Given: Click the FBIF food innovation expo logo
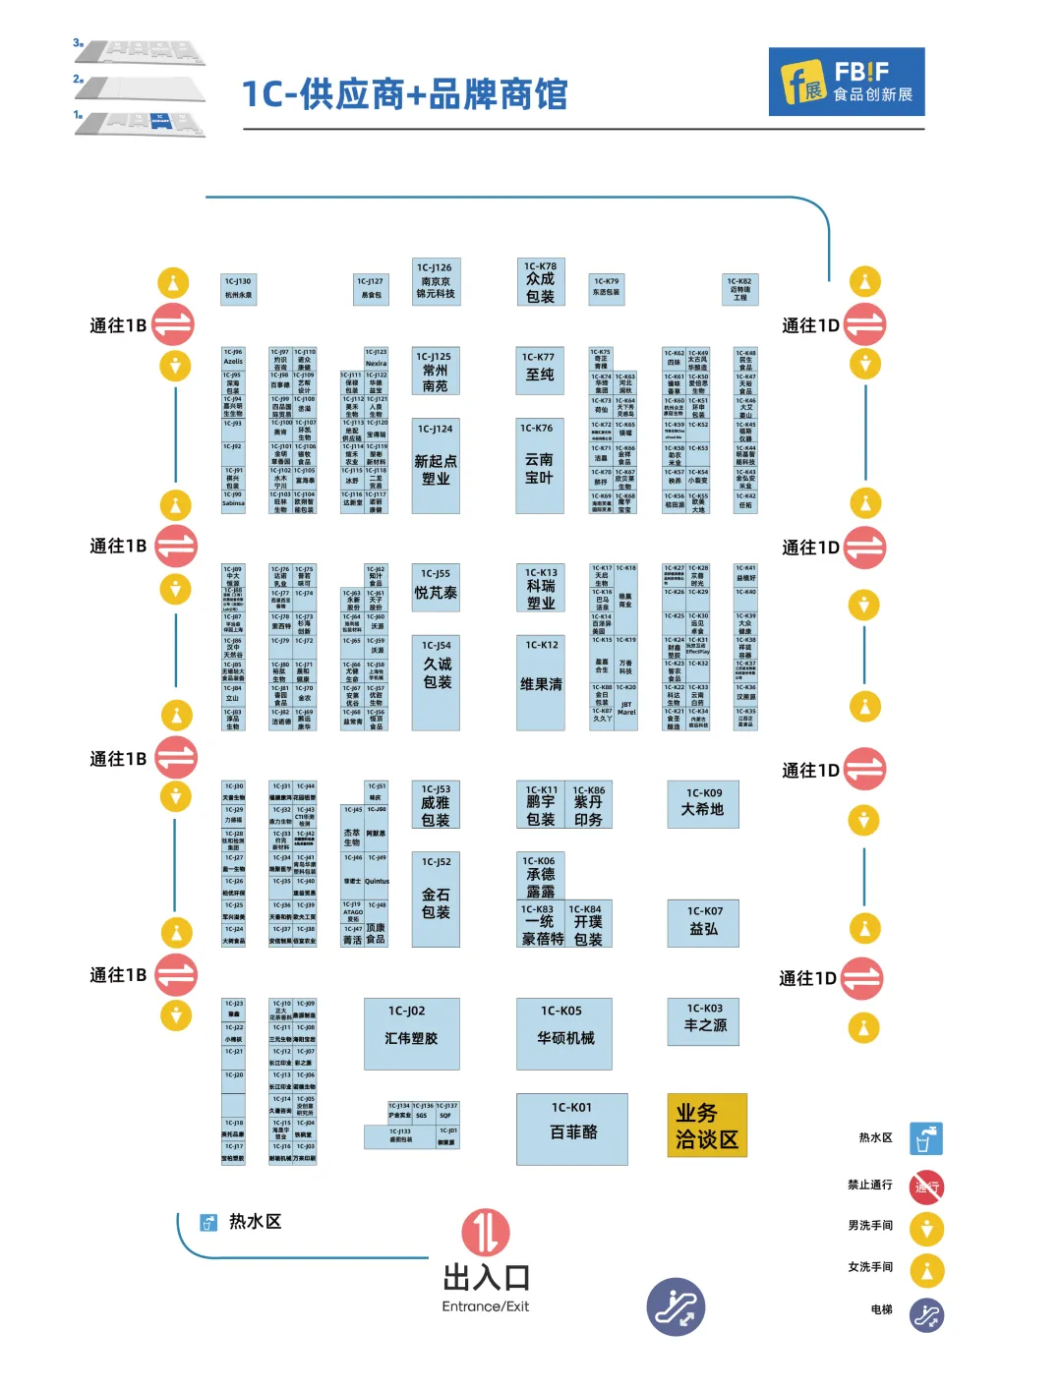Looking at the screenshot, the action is point(846,82).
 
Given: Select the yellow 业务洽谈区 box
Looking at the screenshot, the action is point(707,1127).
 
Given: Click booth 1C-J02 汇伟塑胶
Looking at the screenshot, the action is point(411,1033).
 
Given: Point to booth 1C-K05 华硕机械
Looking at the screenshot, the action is point(564,1033).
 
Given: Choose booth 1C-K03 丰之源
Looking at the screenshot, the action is point(703,1021).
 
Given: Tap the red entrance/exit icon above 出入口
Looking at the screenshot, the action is point(486,1232).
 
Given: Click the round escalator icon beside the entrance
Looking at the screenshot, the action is point(676,1306).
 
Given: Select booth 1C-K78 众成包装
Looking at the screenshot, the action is point(540,283).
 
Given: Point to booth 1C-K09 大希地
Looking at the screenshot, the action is point(703,804).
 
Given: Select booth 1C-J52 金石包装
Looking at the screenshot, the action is point(436,899).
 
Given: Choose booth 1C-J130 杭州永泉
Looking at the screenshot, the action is point(238,289).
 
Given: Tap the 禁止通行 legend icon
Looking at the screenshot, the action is point(926,1187).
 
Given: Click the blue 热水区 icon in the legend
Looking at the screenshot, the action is point(925,1138).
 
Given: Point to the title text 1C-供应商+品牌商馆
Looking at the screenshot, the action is point(405,94).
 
